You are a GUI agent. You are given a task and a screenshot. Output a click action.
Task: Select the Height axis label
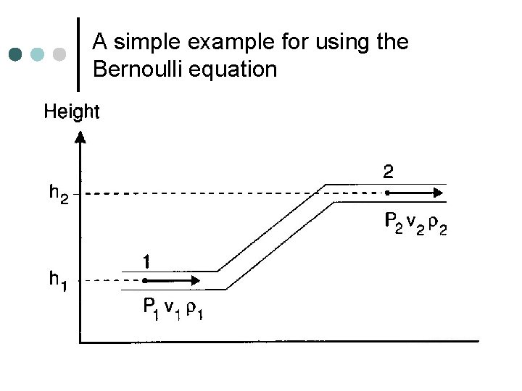(x=72, y=112)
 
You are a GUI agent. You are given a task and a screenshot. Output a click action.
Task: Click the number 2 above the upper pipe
(x=389, y=173)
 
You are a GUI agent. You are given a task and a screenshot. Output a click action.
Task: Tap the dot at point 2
(x=388, y=193)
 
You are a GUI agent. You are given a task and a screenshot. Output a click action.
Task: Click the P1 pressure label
(x=149, y=310)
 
